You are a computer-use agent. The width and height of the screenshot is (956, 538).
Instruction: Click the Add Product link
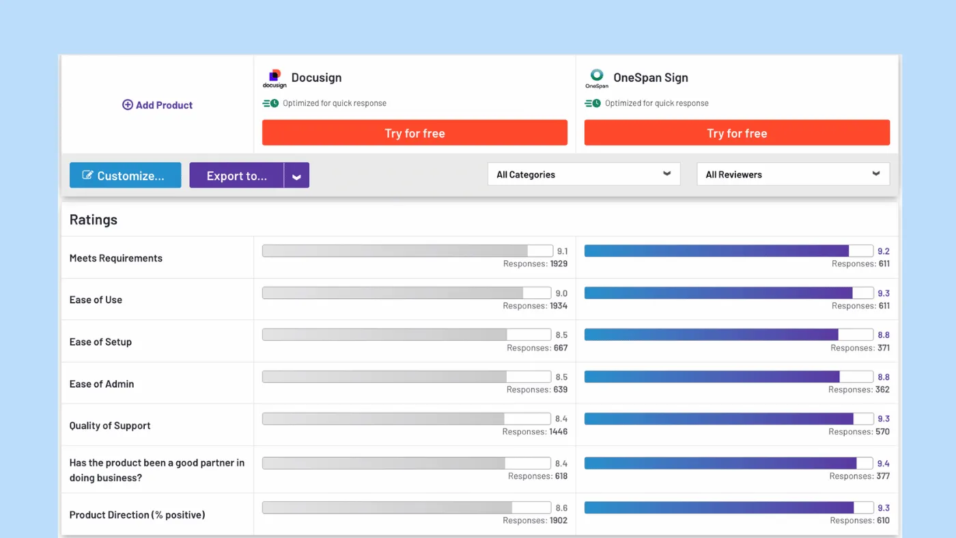[157, 105]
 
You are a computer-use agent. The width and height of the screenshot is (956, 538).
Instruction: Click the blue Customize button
[125, 175]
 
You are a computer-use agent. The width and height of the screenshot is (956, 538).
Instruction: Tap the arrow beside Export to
[296, 176]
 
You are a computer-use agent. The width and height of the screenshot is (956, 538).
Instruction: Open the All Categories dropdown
[584, 174]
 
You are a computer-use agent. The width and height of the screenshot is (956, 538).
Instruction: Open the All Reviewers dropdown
[793, 174]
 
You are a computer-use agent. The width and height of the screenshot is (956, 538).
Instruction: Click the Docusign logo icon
[275, 79]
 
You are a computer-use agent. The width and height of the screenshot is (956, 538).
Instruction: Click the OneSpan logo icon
[597, 79]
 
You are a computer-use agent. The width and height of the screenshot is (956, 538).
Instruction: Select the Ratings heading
[94, 220]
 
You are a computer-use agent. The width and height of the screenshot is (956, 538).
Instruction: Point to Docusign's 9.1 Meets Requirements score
[561, 251]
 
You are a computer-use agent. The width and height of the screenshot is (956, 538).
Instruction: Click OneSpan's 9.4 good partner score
[883, 464]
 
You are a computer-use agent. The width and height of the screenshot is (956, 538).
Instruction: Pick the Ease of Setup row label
[100, 342]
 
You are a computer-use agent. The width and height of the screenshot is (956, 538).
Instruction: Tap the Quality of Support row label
[110, 425]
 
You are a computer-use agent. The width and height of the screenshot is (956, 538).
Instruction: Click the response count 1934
[559, 306]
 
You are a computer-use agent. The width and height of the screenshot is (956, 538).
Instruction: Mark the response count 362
[882, 390]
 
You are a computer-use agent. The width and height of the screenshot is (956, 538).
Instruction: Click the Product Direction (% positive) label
[137, 515]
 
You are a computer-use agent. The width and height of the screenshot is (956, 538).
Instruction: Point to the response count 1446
[559, 431]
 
